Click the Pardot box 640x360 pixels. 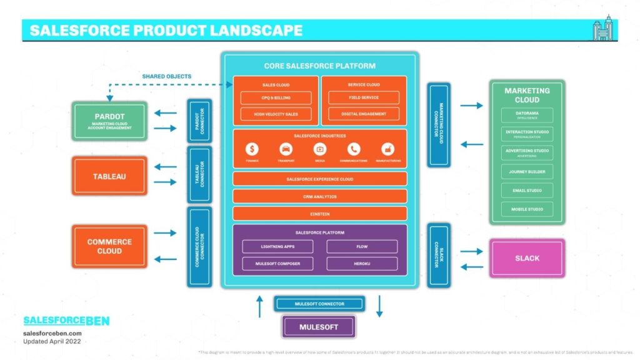[x=110, y=121]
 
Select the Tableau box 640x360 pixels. [x=110, y=176]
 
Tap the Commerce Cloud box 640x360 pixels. [x=110, y=246]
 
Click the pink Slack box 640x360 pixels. [x=527, y=258]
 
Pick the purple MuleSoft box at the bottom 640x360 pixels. [x=319, y=326]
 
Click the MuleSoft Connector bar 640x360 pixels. [x=319, y=304]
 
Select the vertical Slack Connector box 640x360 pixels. [x=438, y=255]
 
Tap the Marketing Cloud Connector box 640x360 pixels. [x=438, y=124]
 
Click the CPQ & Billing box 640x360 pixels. [x=276, y=98]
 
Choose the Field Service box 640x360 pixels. [x=364, y=97]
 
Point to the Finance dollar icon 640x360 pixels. [x=252, y=149]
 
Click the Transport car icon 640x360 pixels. [x=286, y=149]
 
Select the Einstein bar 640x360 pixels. [x=319, y=213]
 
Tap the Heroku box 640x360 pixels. [x=362, y=264]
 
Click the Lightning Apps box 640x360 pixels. [x=277, y=247]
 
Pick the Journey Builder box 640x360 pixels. [x=527, y=171]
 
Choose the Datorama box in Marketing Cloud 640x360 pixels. [x=527, y=115]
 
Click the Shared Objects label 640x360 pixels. [x=166, y=76]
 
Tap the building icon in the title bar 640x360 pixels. [x=604, y=29]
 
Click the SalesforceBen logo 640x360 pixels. [x=66, y=321]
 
